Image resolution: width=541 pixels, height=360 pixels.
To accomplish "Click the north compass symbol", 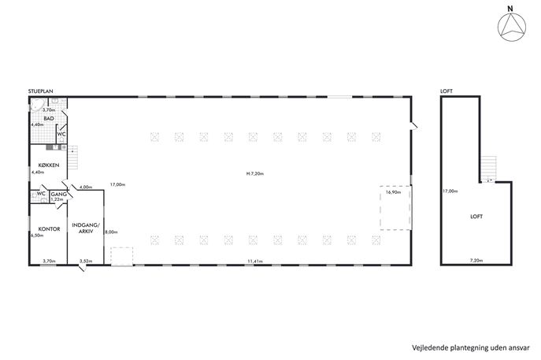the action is click(512, 27).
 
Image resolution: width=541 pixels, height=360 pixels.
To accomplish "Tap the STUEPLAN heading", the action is click(41, 91).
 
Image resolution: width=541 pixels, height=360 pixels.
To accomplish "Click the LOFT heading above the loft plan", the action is click(447, 91).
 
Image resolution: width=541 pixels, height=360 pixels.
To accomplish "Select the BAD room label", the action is click(49, 118).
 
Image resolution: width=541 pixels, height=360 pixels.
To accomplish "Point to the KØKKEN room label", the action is click(49, 165).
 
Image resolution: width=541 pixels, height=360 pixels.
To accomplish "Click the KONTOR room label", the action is click(49, 228).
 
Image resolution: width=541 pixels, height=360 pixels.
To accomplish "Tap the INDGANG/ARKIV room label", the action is click(86, 228).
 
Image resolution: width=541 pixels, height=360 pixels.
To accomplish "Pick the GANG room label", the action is click(59, 195).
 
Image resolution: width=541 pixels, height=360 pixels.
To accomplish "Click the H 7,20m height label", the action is click(255, 174).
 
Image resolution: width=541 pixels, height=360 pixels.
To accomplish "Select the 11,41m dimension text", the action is click(255, 262).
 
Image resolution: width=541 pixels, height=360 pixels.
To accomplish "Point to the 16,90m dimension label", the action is click(393, 192).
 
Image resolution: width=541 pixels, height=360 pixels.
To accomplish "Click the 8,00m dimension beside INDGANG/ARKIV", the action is click(111, 232).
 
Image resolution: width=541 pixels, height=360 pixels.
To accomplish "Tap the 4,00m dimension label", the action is click(86, 187).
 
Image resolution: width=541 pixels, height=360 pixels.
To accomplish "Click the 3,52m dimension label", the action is click(86, 262).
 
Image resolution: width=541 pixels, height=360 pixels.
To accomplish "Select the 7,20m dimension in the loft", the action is click(476, 261).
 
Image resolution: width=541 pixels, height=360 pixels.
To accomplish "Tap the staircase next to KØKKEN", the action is click(72, 158).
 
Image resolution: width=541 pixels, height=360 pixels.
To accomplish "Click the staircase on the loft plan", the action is click(489, 169).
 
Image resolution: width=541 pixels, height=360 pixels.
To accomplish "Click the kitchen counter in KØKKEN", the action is click(57, 147).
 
